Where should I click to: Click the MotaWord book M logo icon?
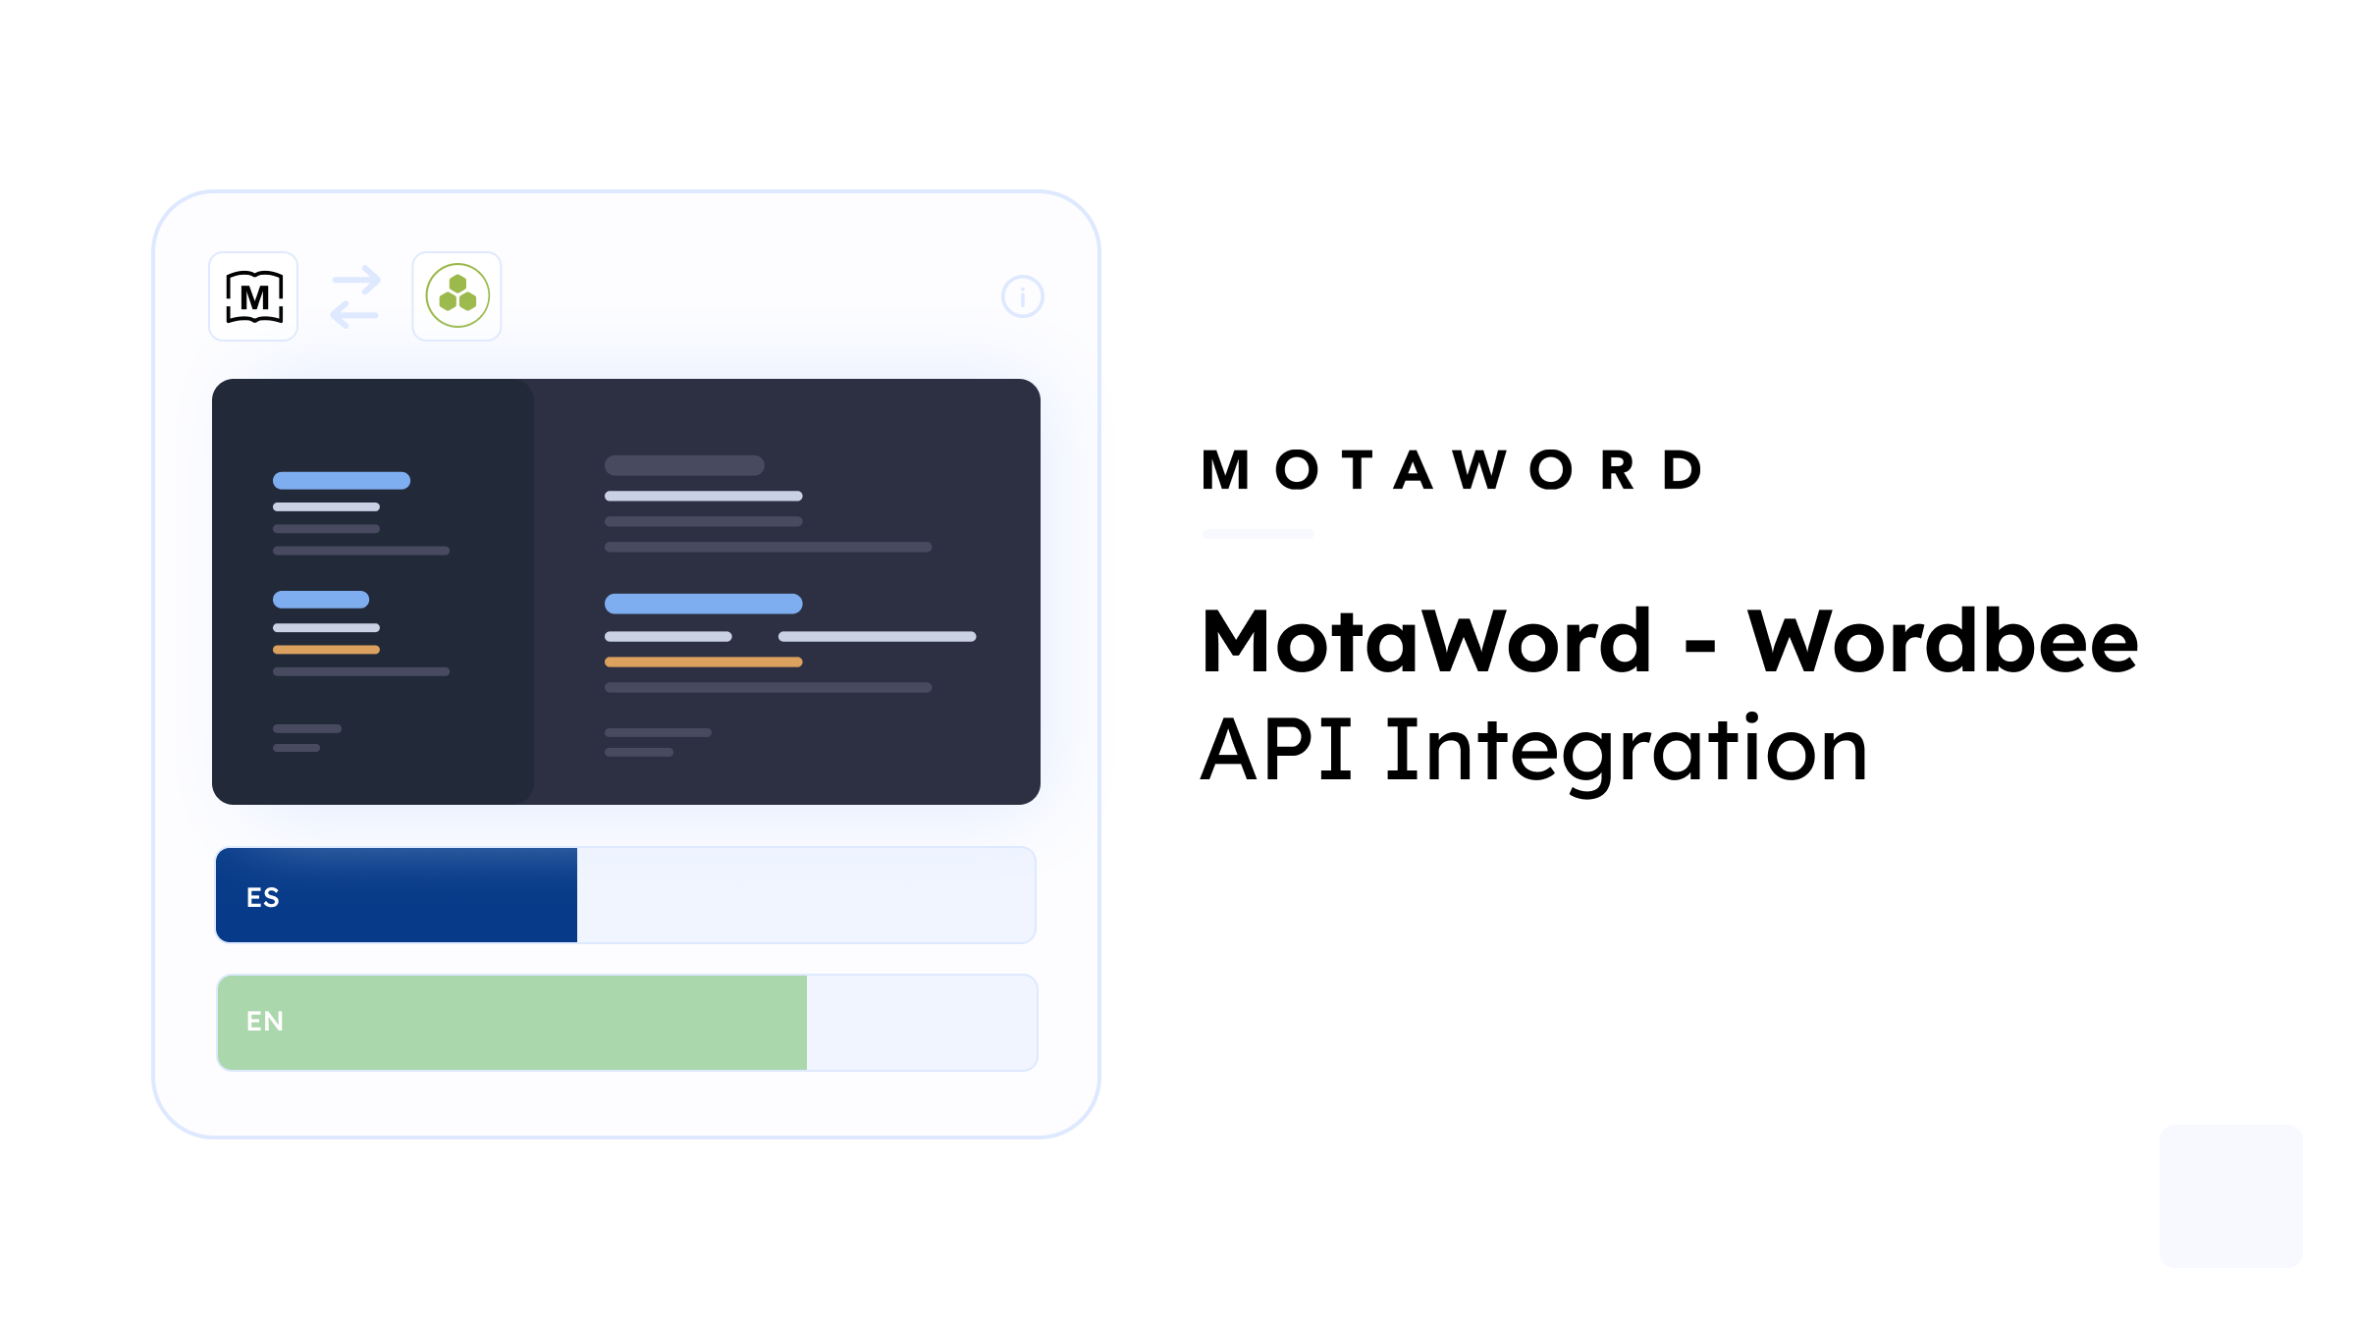pyautogui.click(x=254, y=296)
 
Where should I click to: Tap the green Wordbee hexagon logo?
pyautogui.click(x=457, y=296)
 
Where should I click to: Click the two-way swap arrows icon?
pyautogui.click(x=355, y=296)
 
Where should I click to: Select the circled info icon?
pyautogui.click(x=1022, y=296)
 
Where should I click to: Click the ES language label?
pyautogui.click(x=263, y=897)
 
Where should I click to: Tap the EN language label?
pyautogui.click(x=265, y=1022)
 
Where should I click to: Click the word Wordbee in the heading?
pyautogui.click(x=1942, y=643)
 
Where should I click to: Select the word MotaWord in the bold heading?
pyautogui.click(x=1426, y=643)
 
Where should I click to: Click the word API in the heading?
pyautogui.click(x=1277, y=751)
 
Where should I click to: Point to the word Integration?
pyautogui.click(x=1626, y=751)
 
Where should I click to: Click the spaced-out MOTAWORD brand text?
pyautogui.click(x=1453, y=470)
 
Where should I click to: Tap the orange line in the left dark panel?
pyautogui.click(x=326, y=650)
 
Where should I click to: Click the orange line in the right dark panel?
pyautogui.click(x=703, y=662)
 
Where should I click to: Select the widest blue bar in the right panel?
pyautogui.click(x=703, y=604)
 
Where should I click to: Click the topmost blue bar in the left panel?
pyautogui.click(x=342, y=481)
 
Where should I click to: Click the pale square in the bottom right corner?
pyautogui.click(x=2230, y=1195)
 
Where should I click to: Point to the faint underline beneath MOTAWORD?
pyautogui.click(x=1258, y=534)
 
